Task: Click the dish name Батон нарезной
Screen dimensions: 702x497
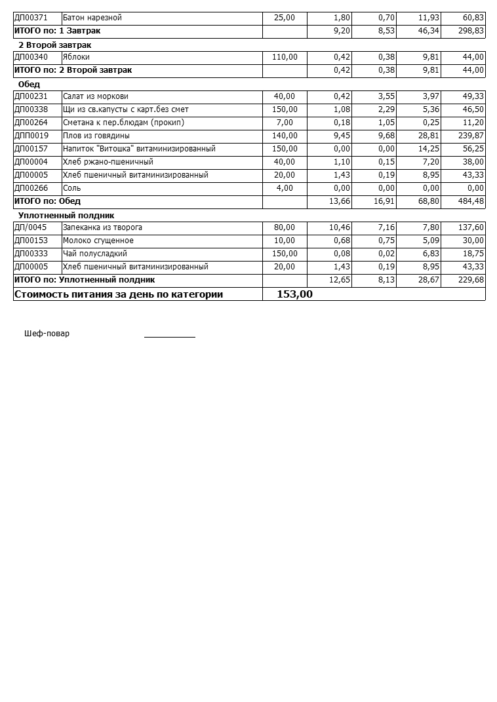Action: click(92, 18)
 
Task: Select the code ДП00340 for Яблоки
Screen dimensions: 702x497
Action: click(31, 57)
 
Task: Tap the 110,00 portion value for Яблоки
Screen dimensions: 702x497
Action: click(285, 57)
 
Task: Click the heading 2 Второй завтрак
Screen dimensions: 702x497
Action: click(54, 45)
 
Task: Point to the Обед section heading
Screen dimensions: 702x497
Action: click(29, 85)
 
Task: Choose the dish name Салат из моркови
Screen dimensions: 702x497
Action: click(96, 96)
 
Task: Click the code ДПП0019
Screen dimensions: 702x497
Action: click(31, 136)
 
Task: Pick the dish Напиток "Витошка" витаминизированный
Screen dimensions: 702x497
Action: click(139, 149)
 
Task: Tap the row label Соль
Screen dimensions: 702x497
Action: click(72, 188)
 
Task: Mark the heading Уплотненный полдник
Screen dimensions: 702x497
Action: click(66, 216)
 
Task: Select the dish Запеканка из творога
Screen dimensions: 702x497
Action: click(102, 227)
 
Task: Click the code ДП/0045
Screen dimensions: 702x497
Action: click(30, 227)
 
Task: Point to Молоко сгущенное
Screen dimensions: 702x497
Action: click(98, 241)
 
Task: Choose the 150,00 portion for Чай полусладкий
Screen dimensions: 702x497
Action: click(285, 254)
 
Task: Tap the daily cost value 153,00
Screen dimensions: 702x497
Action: click(294, 294)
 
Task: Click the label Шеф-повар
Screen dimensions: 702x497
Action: click(47, 334)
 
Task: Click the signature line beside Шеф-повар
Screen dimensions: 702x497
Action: click(169, 336)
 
